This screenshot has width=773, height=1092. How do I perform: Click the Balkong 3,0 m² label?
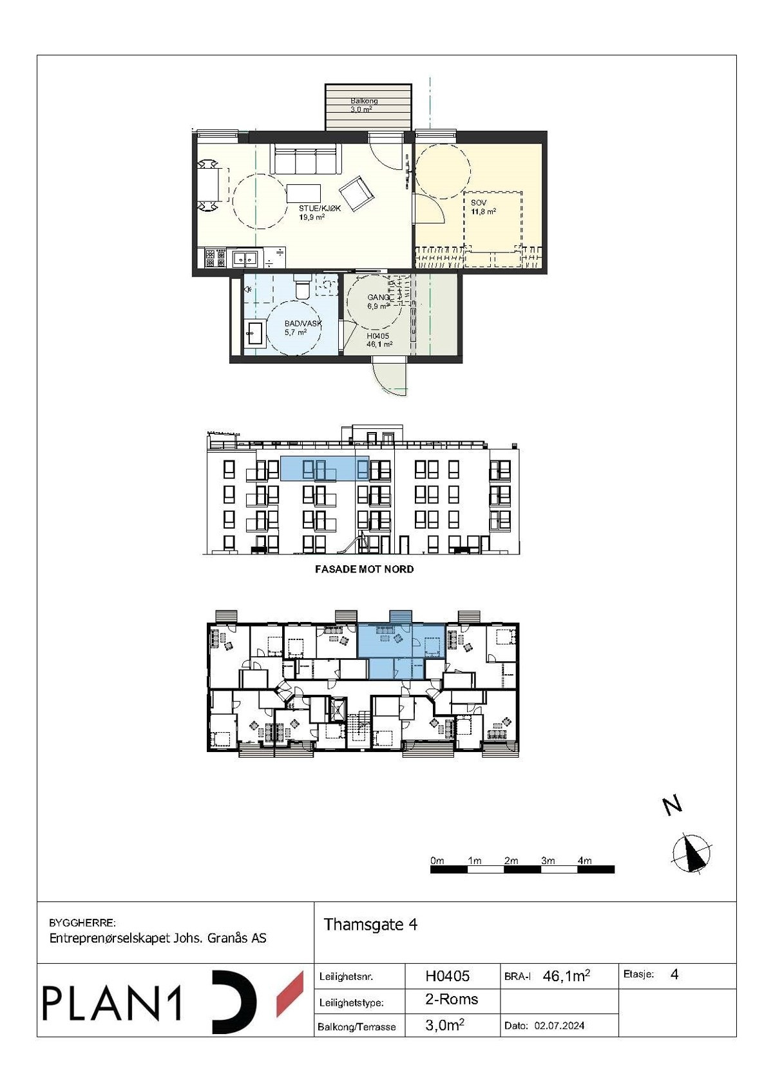[364, 105]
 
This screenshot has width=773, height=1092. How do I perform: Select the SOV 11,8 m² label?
[483, 207]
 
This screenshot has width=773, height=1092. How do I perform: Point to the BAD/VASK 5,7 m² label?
[302, 328]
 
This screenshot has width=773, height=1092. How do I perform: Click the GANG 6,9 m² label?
[378, 301]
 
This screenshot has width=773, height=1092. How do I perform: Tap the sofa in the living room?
[307, 159]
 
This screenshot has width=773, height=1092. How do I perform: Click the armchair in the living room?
[356, 191]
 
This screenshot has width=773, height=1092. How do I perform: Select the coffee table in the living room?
[303, 193]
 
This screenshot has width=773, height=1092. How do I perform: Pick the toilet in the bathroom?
[302, 286]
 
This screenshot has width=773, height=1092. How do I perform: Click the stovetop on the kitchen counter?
[215, 258]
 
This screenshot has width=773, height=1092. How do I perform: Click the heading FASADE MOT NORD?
[364, 569]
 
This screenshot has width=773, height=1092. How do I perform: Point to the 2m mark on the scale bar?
[511, 861]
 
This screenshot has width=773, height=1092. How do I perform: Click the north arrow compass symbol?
[692, 854]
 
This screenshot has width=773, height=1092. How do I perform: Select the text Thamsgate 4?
[370, 925]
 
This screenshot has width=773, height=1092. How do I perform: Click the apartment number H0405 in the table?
[448, 976]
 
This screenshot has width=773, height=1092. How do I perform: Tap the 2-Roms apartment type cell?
[452, 999]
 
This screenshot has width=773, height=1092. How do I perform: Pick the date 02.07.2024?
[559, 1025]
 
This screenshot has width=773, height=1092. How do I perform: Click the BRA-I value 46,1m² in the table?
[566, 976]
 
